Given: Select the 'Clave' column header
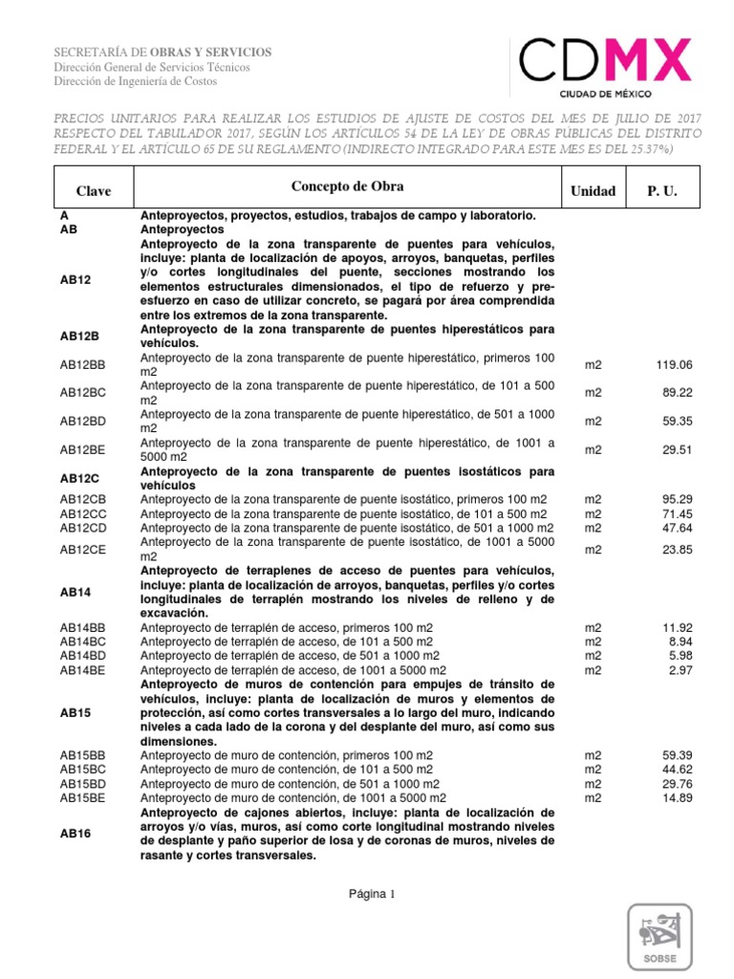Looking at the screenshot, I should pos(94,191).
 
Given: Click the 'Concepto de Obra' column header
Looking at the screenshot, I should pos(347,185).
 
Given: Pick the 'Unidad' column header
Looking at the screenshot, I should pos(593,191).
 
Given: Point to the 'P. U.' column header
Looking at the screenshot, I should pos(661,191).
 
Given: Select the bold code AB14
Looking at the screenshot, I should pos(75,592).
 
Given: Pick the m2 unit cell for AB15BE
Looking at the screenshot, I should pos(594,797).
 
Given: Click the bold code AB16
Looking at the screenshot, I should pos(75,833).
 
